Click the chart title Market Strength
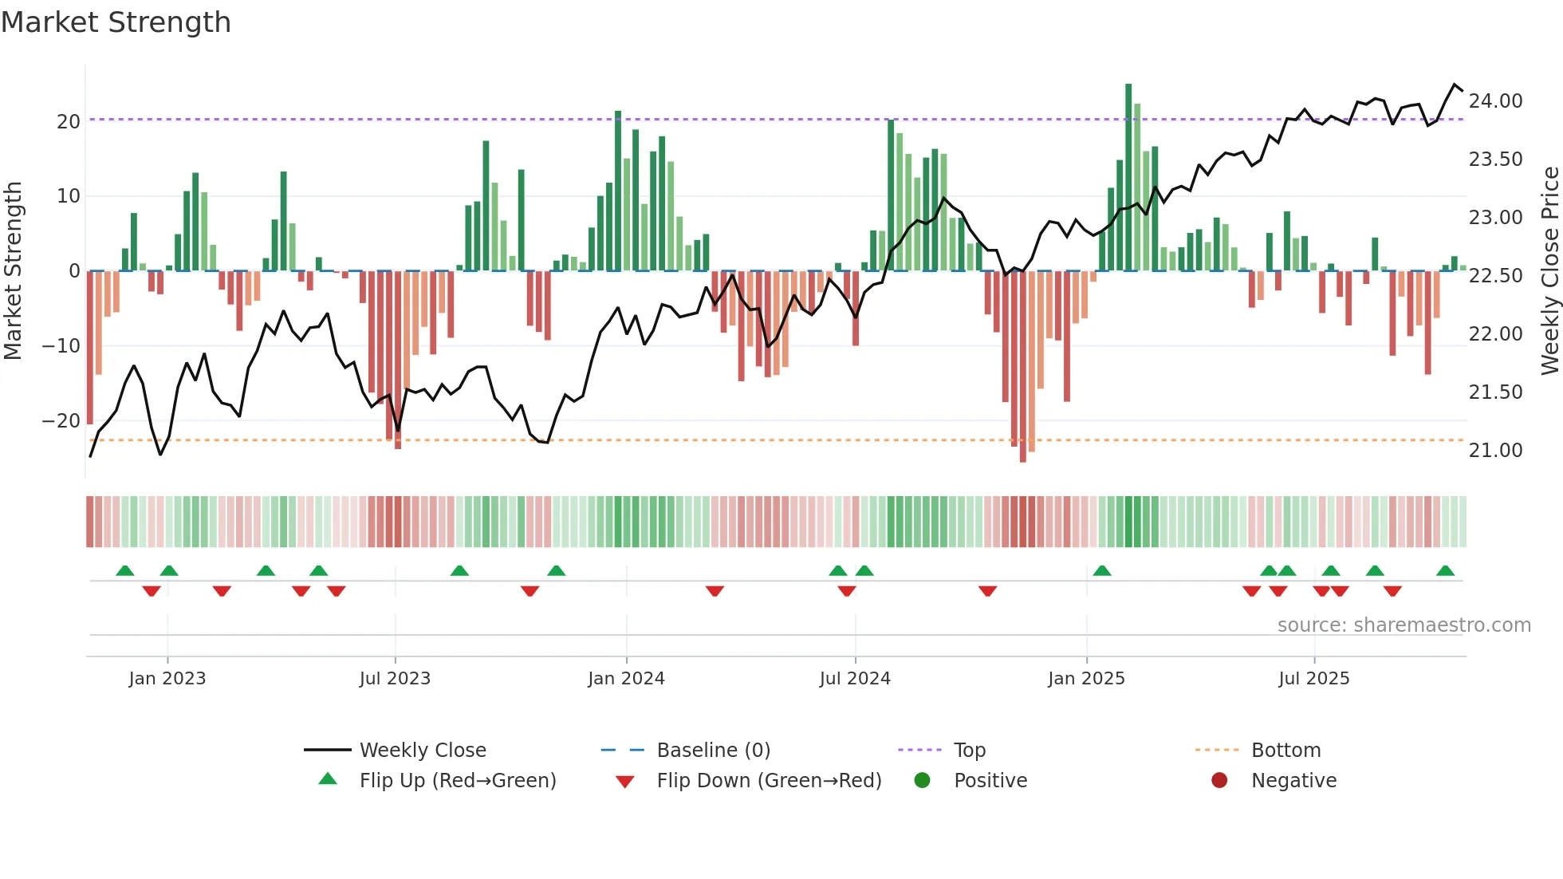pos(116,22)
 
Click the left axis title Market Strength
pos(14,271)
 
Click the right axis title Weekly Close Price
pos(1549,271)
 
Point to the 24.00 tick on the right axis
pos(1495,101)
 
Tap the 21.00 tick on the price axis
pos(1495,451)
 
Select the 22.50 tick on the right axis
pos(1495,276)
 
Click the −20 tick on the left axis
pos(61,421)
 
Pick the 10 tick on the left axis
pos(68,196)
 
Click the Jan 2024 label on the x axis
pos(626,679)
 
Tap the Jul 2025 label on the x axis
pos(1313,679)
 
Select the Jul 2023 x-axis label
pos(395,679)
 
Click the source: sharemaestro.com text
pos(1404,625)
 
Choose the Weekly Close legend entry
pos(422,751)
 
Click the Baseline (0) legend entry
pos(713,751)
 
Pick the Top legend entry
pos(969,751)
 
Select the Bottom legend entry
pos(1285,751)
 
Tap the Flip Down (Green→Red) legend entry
pos(768,781)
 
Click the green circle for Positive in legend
pos(923,781)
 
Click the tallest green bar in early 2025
pos(1128,175)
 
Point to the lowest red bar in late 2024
pos(1023,367)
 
